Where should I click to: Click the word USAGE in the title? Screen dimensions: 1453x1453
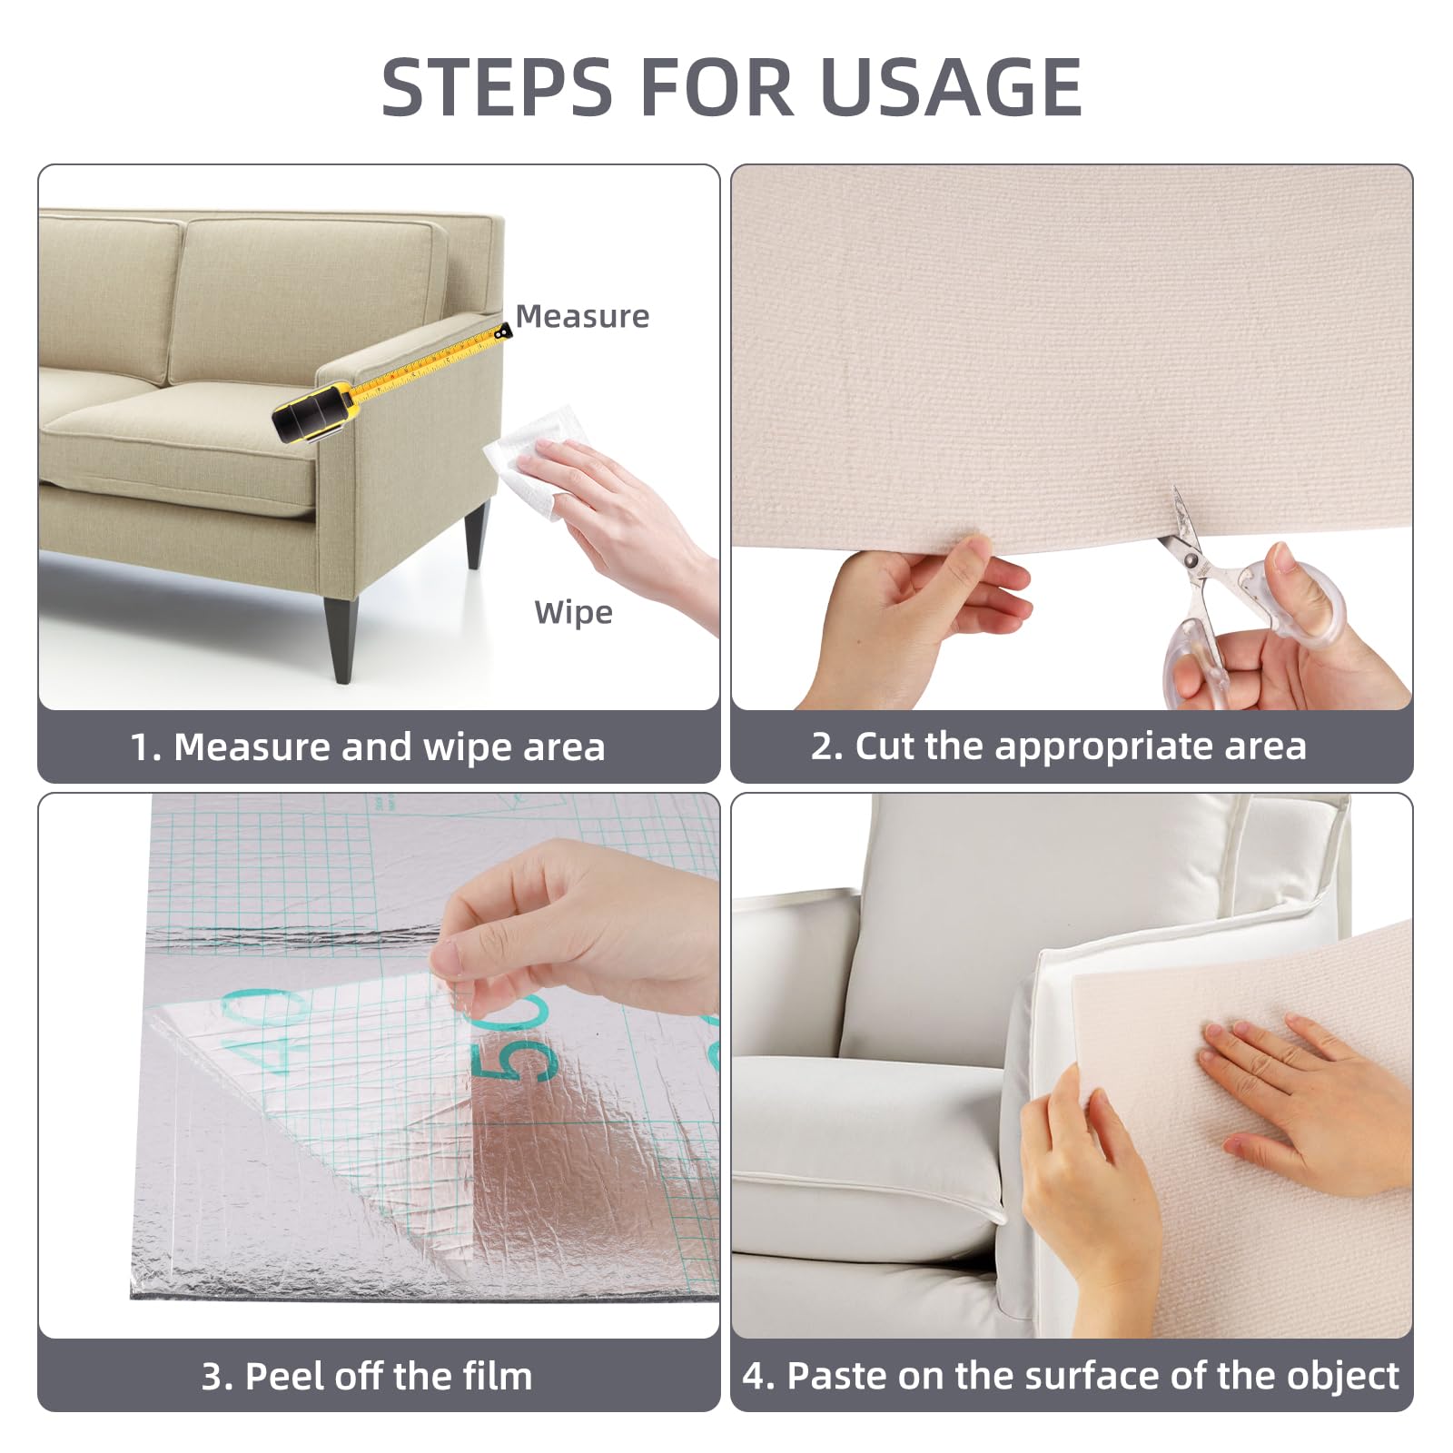click(950, 87)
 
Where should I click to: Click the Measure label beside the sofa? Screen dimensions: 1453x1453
click(582, 316)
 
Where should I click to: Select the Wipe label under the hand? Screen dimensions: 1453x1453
click(573, 612)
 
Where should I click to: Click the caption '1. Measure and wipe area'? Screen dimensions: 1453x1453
click(367, 747)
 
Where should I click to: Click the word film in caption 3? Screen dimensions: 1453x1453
click(496, 1376)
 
